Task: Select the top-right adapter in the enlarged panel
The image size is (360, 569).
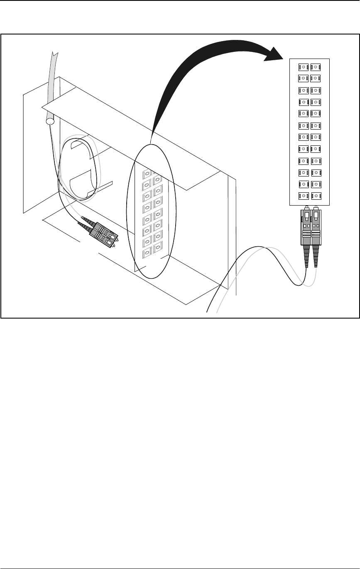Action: [x=316, y=67]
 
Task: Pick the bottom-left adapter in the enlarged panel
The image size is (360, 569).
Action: [x=304, y=196]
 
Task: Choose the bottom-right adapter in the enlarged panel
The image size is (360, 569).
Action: [x=316, y=196]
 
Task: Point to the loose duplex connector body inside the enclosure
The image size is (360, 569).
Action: [x=104, y=235]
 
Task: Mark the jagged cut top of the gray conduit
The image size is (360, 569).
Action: [x=54, y=53]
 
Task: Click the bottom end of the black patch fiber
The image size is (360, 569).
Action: [x=207, y=311]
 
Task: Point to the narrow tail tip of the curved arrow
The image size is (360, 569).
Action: [x=152, y=137]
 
